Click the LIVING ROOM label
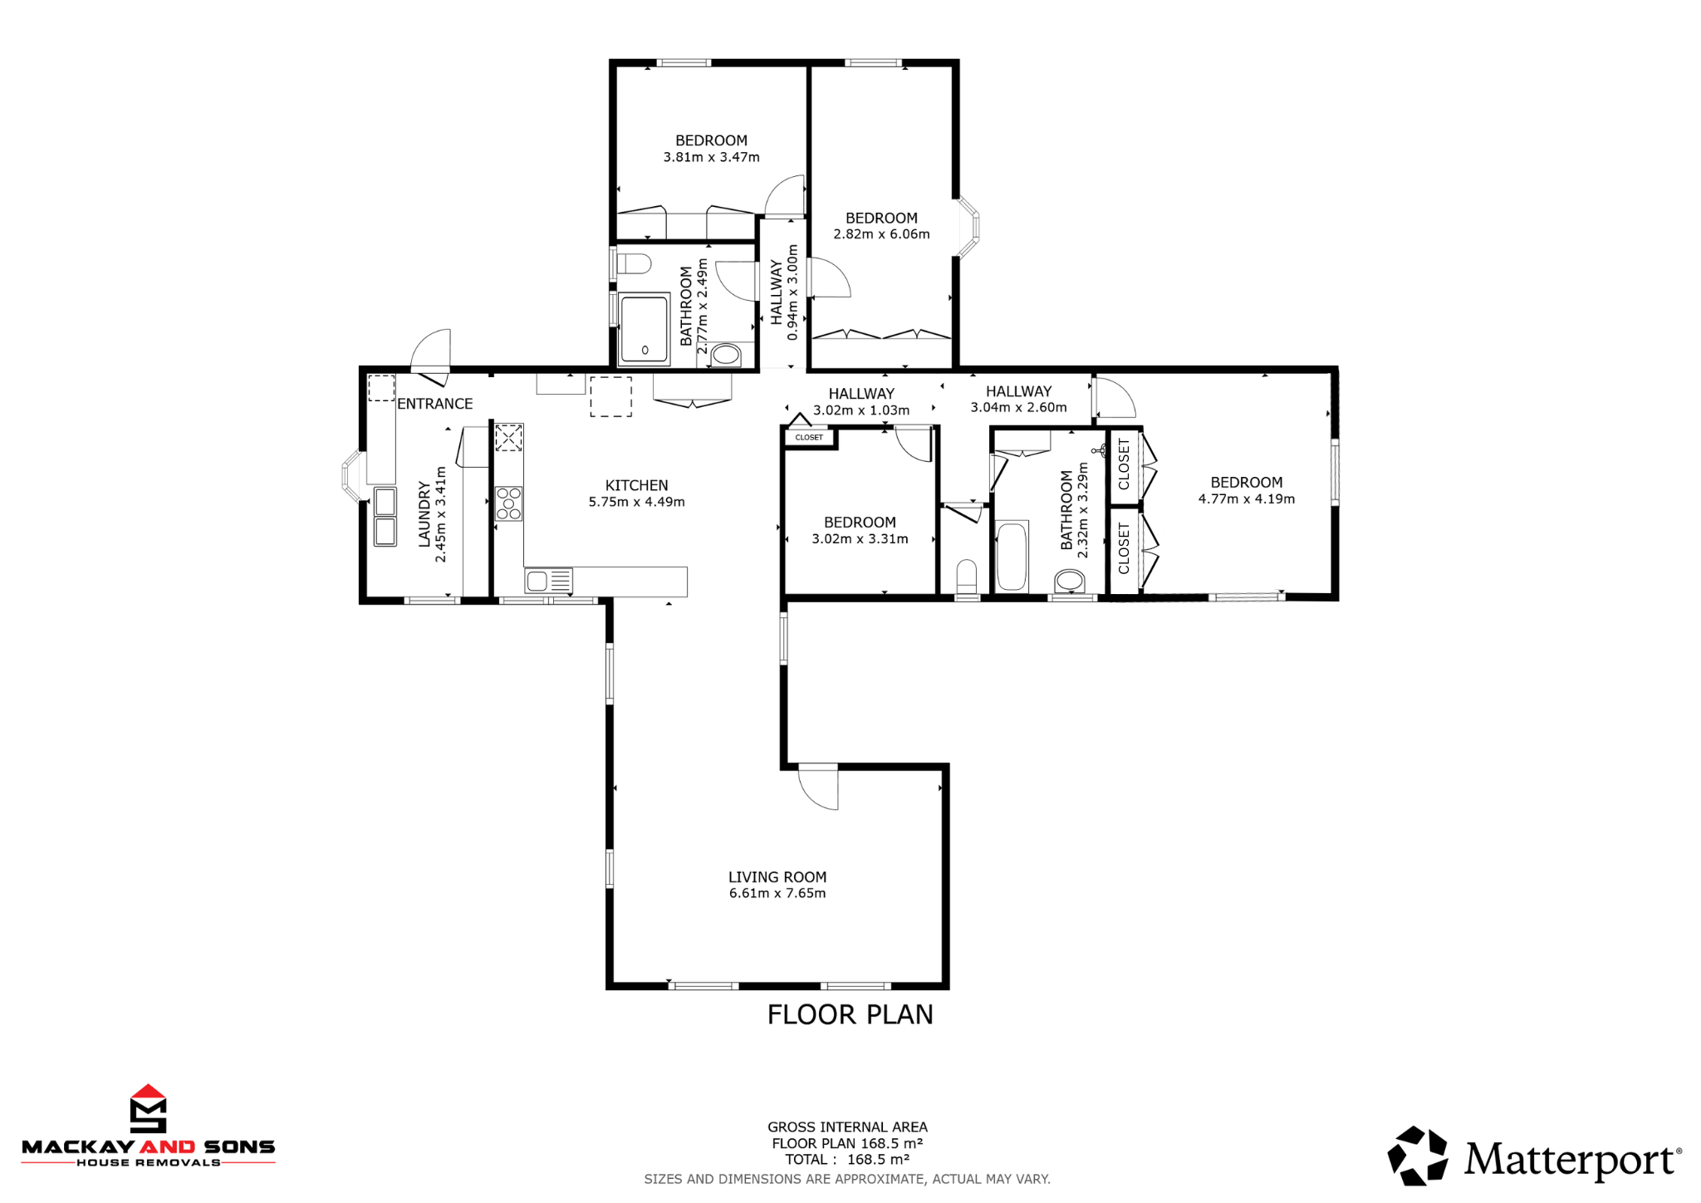pyautogui.click(x=777, y=876)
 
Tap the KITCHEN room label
pyautogui.click(x=636, y=485)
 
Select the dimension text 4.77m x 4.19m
pyautogui.click(x=1246, y=498)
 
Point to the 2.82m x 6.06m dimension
pyautogui.click(x=881, y=234)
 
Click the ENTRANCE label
pyautogui.click(x=434, y=404)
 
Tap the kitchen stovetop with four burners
pyautogui.click(x=509, y=503)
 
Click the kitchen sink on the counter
pyautogui.click(x=548, y=580)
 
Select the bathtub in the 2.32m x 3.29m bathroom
pyautogui.click(x=1011, y=557)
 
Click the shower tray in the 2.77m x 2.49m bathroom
pyautogui.click(x=644, y=328)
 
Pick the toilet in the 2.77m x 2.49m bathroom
pyautogui.click(x=635, y=264)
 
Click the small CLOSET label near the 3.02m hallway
pyautogui.click(x=809, y=437)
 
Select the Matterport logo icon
pyautogui.click(x=1417, y=1155)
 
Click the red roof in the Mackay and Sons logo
pyautogui.click(x=149, y=1093)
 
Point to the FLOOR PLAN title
pyautogui.click(x=850, y=1014)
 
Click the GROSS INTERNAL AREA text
pyautogui.click(x=847, y=1127)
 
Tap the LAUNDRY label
pyautogui.click(x=424, y=514)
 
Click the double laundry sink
pyautogui.click(x=385, y=517)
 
